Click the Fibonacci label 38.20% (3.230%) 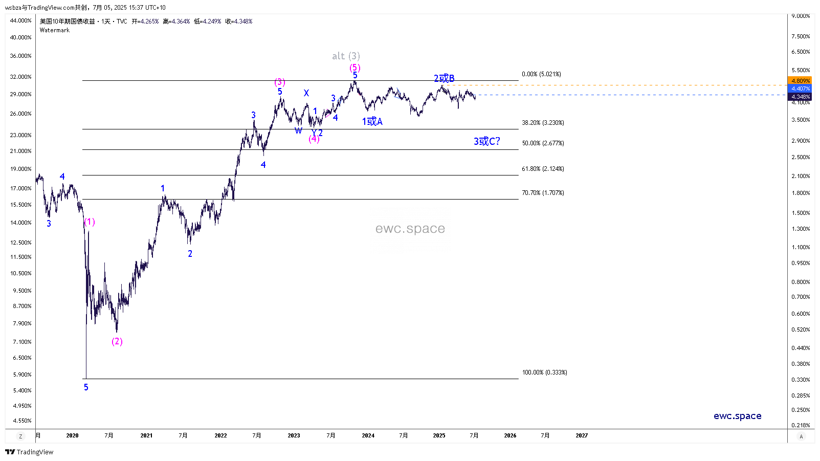click(543, 123)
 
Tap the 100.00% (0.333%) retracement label click(544, 372)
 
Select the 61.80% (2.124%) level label click(543, 169)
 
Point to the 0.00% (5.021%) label click(541, 74)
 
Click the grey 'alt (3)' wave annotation click(346, 56)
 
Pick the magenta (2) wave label click(117, 341)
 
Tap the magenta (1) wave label click(90, 222)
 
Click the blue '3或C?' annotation click(486, 141)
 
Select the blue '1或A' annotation click(372, 121)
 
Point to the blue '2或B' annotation click(444, 78)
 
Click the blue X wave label click(306, 93)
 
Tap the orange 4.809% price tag click(800, 81)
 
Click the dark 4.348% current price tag click(800, 97)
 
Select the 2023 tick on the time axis click(294, 436)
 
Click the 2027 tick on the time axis click(582, 436)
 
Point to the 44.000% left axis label click(21, 20)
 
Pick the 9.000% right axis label click(801, 16)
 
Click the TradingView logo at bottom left click(29, 452)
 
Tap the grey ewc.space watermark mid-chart click(410, 229)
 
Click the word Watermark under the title click(55, 30)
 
